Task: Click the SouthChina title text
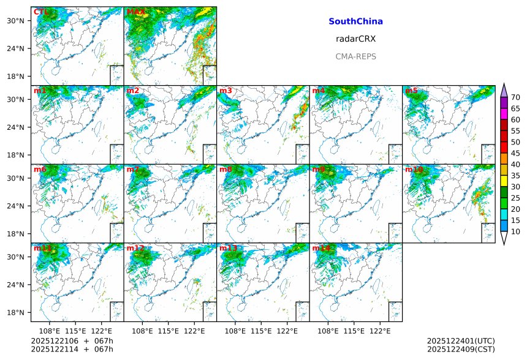[x=355, y=21]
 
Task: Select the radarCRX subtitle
[x=355, y=39]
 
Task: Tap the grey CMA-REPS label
[x=355, y=56]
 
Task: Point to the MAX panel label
[x=135, y=12]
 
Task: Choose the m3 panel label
[x=226, y=91]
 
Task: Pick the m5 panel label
[x=411, y=91]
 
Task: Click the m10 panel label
[x=414, y=169]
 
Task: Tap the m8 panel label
[x=226, y=169]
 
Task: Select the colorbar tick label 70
[x=515, y=97]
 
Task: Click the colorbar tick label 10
[x=515, y=231]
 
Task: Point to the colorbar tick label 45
[x=515, y=153]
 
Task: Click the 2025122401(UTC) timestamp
[x=461, y=341]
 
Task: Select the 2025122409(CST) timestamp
[x=461, y=350]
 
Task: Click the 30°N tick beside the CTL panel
[x=22, y=21]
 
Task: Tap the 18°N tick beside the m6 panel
[x=22, y=234]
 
